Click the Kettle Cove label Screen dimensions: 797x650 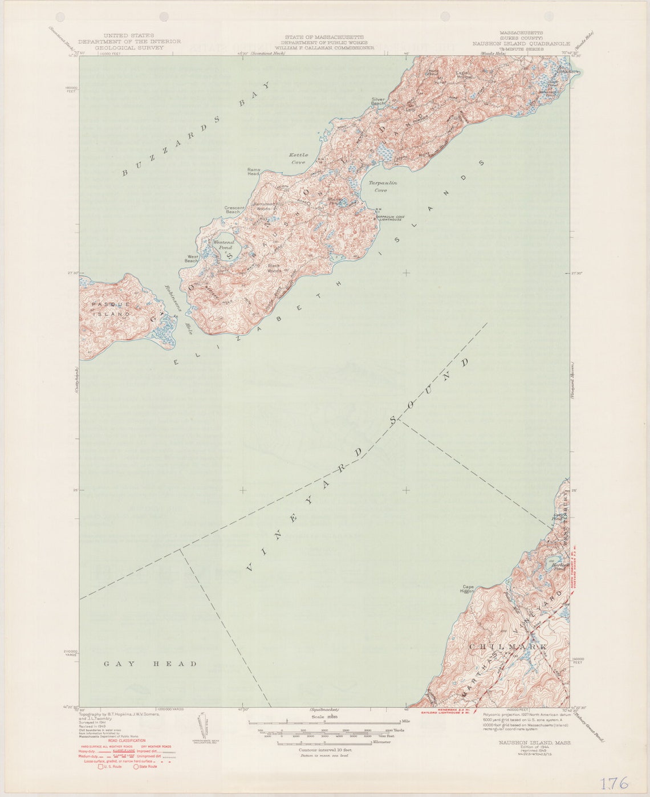pyautogui.click(x=298, y=158)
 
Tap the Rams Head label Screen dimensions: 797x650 pyautogui.click(x=254, y=172)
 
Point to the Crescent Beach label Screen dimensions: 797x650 pyautogui.click(x=234, y=210)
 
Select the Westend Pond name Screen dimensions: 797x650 pyautogui.click(x=223, y=245)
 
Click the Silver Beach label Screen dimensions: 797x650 pyautogui.click(x=379, y=101)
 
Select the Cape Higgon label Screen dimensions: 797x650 pyautogui.click(x=468, y=589)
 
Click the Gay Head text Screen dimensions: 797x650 pyautogui.click(x=151, y=664)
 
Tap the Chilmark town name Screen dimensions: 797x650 pyautogui.click(x=508, y=647)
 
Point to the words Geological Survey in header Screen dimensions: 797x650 pyautogui.click(x=129, y=48)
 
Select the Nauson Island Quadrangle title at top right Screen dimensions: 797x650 pyautogui.click(x=521, y=43)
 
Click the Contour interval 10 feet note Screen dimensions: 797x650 pyautogui.click(x=325, y=750)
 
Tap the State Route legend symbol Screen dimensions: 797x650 pyautogui.click(x=136, y=767)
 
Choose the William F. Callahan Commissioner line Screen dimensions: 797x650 pyautogui.click(x=324, y=48)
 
